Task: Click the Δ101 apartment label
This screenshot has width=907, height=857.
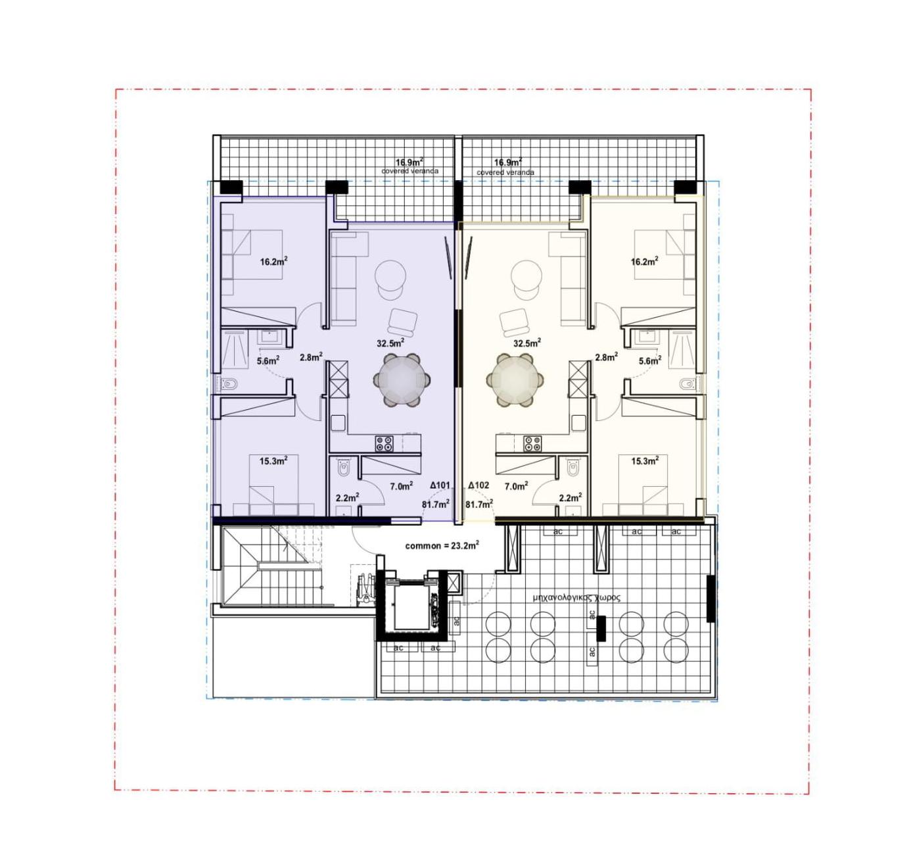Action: click(440, 485)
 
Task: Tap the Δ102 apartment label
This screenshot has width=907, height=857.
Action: click(478, 485)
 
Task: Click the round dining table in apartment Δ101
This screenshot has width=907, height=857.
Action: click(402, 380)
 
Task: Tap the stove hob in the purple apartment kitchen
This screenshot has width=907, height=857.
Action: click(384, 443)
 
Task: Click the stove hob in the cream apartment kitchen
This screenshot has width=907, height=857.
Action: click(532, 443)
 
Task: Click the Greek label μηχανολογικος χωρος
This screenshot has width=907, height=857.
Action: click(577, 598)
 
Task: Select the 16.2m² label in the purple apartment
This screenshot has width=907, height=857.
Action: click(273, 262)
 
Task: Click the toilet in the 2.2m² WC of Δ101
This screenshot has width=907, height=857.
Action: click(344, 468)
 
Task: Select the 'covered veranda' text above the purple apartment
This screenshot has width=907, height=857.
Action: click(409, 171)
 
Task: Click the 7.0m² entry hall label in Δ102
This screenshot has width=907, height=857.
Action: click(516, 486)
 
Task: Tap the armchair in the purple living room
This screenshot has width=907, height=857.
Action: click(402, 322)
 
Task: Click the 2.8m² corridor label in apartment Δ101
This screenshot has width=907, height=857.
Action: click(312, 357)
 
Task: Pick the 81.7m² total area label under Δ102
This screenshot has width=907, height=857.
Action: click(479, 504)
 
